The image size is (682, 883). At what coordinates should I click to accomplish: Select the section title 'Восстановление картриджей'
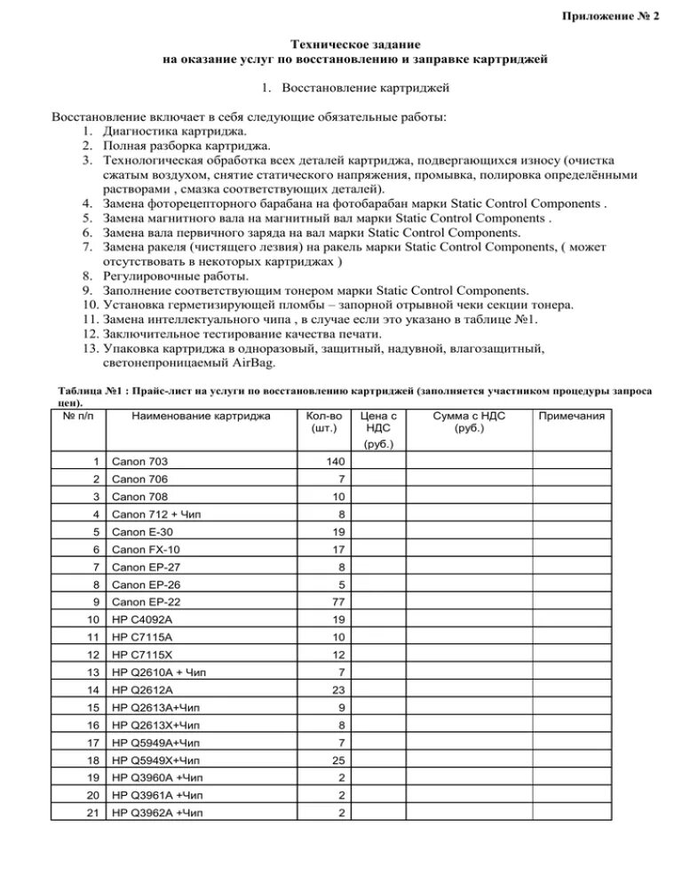tap(365, 88)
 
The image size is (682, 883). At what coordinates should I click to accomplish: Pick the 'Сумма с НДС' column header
tap(469, 416)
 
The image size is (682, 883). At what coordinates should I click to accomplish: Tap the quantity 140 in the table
tap(333, 462)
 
